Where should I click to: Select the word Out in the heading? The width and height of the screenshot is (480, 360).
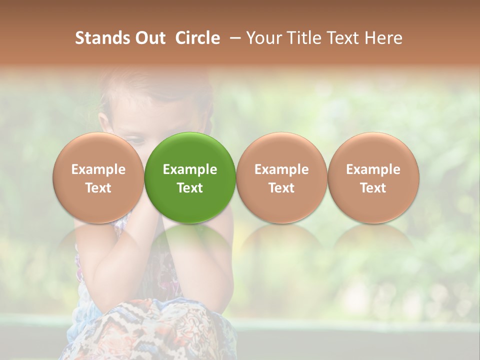point(149,38)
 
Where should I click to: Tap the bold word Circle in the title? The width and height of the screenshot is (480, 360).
point(197,38)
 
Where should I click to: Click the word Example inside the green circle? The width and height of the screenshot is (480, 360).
point(190,169)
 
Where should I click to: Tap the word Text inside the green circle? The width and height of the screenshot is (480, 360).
point(190,188)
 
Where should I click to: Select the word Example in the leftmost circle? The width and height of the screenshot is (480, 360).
point(98,169)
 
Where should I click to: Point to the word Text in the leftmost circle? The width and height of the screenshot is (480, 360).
point(98,188)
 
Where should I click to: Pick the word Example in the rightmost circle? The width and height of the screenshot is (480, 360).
point(373,169)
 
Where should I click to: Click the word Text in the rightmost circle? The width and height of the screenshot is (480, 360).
point(373,188)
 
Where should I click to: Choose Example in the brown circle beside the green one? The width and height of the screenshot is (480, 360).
point(281,169)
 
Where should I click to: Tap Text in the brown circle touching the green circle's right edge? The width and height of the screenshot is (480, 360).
point(281,188)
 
